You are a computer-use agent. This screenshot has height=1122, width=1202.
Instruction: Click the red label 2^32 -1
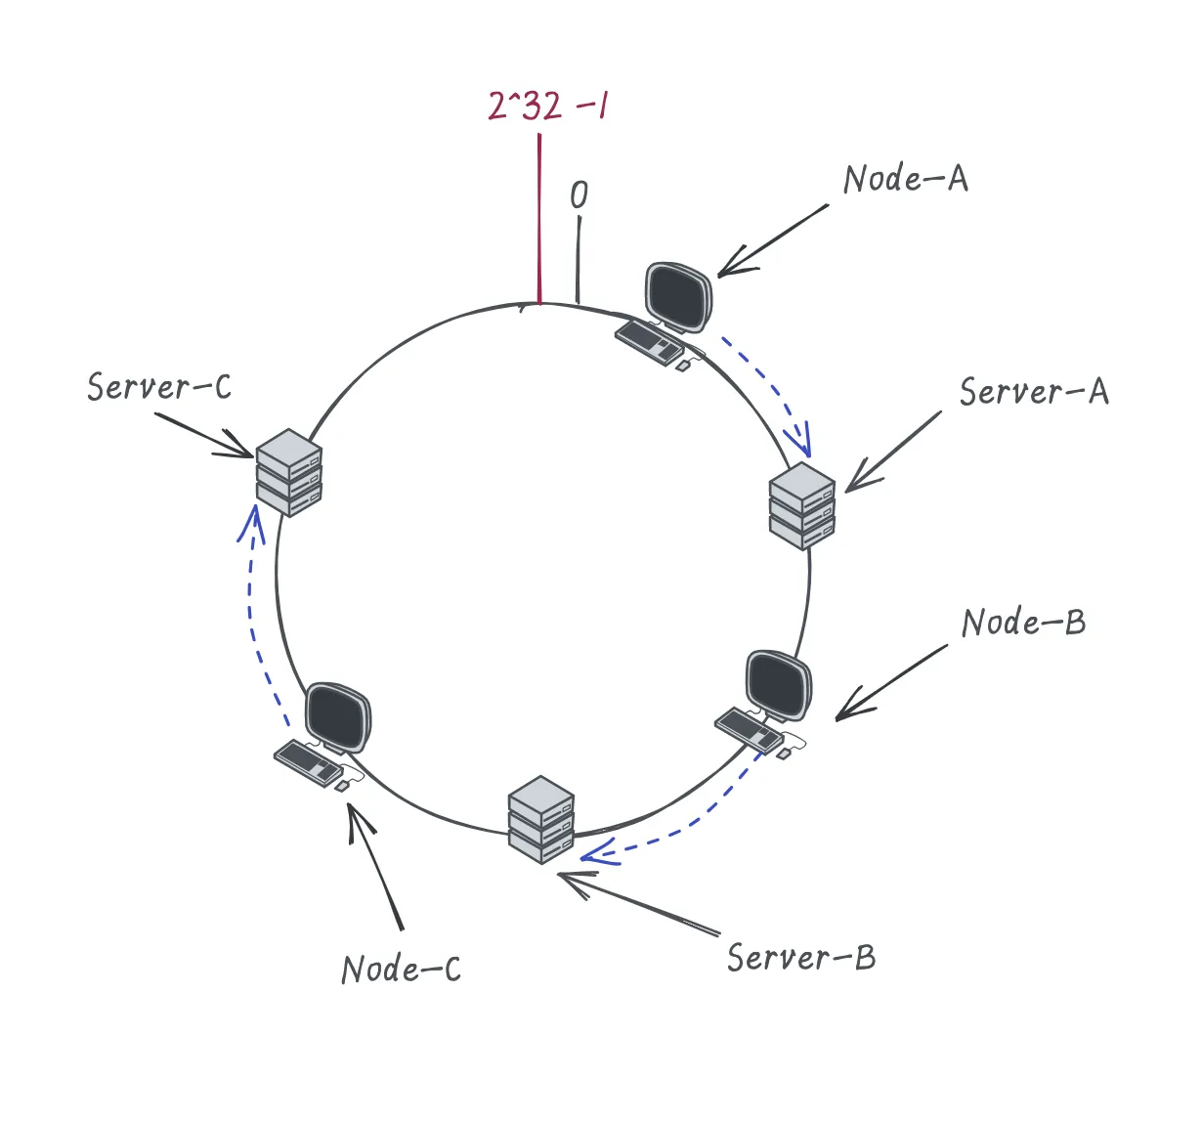[x=547, y=106]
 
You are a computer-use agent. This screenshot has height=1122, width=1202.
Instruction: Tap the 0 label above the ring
[x=579, y=194]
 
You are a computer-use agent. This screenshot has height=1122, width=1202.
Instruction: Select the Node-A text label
[x=906, y=179]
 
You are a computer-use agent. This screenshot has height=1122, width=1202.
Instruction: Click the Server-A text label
[x=1034, y=391]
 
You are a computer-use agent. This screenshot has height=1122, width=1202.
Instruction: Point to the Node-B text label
[x=1024, y=623]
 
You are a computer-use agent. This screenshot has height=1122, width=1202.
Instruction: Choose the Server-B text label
[x=801, y=957]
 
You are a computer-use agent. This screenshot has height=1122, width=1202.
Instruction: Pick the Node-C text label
[x=402, y=970]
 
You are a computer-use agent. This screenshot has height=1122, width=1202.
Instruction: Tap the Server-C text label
[x=159, y=386]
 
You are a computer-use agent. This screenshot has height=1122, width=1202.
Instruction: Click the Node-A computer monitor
[x=678, y=297]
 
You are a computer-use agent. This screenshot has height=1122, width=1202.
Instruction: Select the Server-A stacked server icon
[x=802, y=506]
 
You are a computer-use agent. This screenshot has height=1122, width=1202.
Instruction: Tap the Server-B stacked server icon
[x=541, y=820]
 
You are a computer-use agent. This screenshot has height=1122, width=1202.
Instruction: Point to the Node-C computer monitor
[x=338, y=718]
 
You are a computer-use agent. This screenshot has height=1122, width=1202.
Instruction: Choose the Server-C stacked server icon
[x=288, y=473]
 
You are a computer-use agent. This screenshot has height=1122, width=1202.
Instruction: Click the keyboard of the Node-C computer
[x=309, y=763]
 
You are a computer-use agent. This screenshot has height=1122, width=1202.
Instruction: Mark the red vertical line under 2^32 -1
[x=539, y=219]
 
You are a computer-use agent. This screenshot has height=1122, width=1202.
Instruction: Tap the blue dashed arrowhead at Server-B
[x=599, y=852]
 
